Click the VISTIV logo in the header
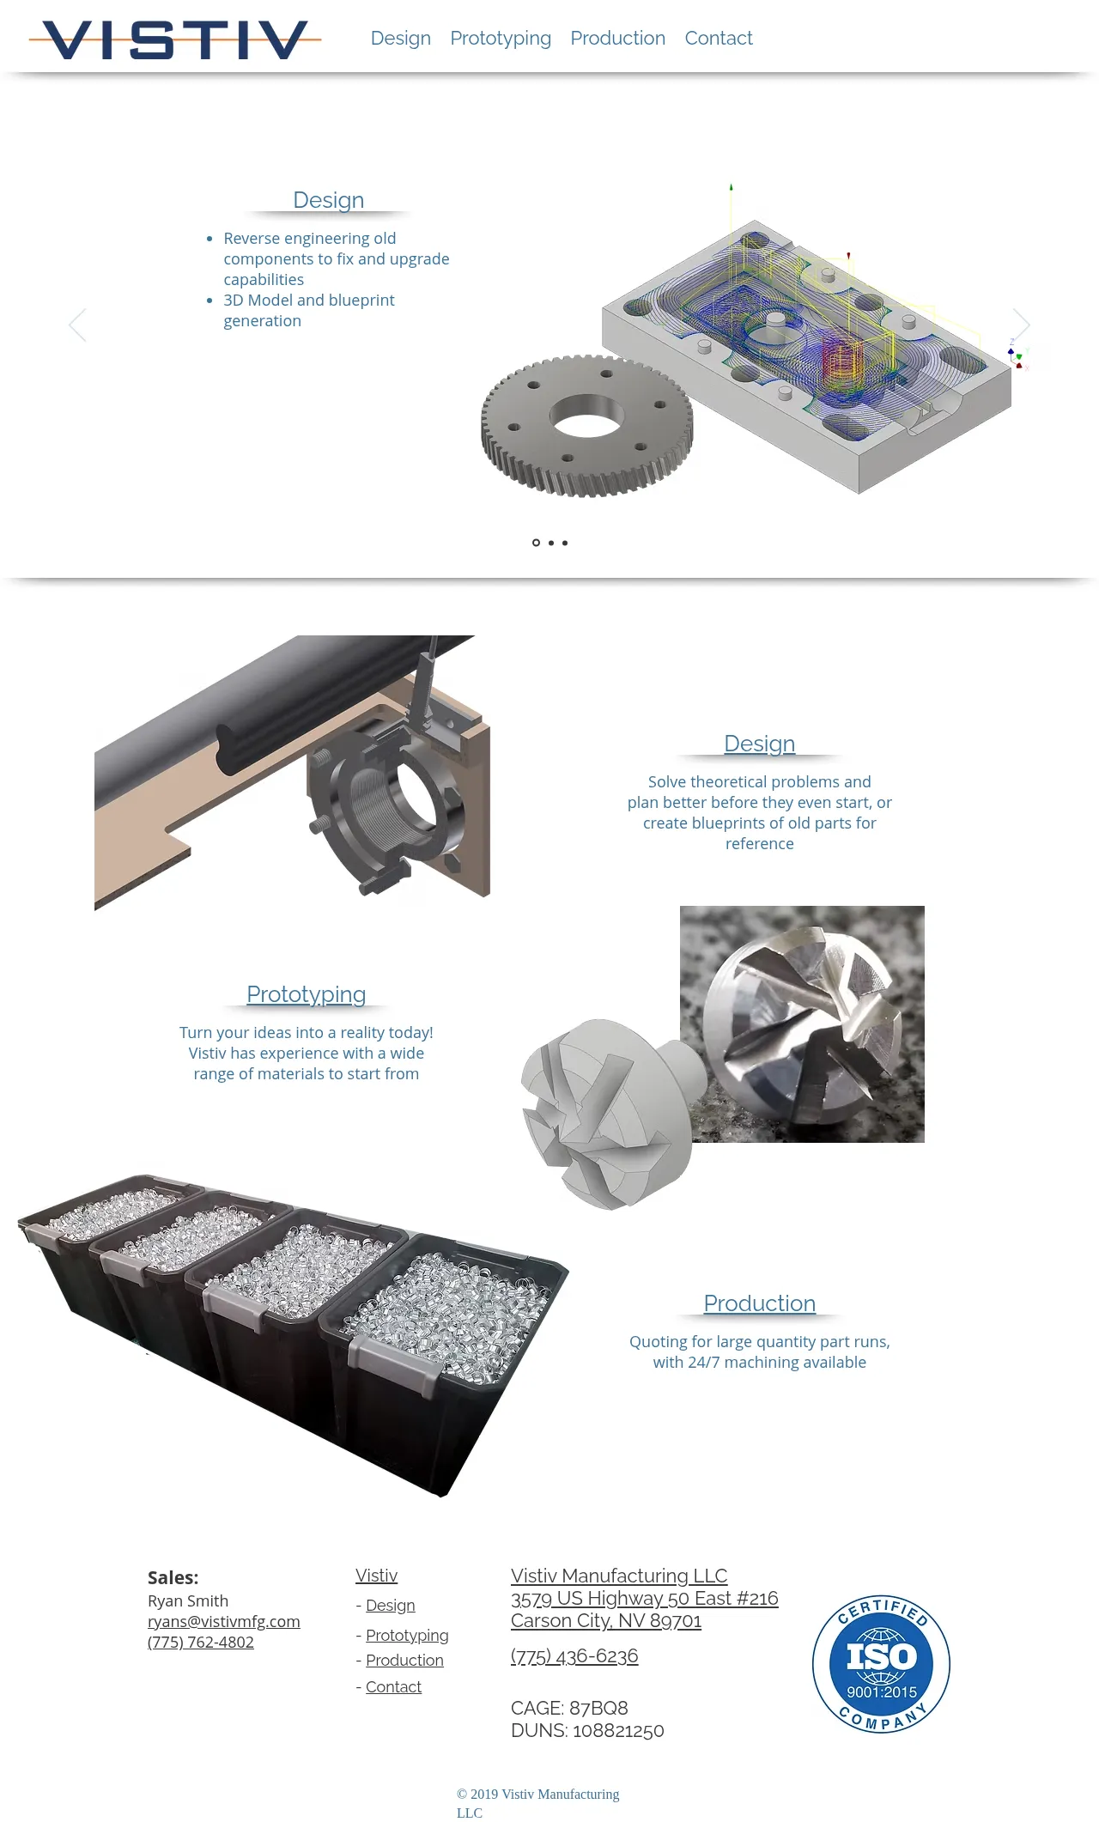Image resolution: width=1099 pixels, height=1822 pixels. point(175,39)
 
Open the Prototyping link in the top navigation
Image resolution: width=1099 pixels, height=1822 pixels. point(501,39)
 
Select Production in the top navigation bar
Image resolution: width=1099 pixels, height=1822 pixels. point(618,38)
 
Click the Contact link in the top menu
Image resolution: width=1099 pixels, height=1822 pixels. point(719,38)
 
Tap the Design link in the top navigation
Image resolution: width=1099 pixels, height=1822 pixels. point(401,39)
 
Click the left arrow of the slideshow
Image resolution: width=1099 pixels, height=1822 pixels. point(77,325)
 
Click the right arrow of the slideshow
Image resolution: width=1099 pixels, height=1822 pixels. point(1021,325)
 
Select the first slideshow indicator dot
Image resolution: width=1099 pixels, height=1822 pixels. point(536,543)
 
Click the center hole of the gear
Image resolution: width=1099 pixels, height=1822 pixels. point(587,416)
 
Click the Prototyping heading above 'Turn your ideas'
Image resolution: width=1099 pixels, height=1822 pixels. point(307,994)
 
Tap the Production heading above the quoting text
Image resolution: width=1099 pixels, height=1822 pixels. point(760,1303)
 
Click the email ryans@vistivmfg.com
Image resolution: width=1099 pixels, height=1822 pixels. point(224,1622)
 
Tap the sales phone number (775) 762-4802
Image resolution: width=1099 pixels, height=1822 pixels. point(201,1643)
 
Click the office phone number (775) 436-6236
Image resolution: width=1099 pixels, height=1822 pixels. point(574,1656)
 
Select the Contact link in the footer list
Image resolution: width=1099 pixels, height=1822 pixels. point(393,1687)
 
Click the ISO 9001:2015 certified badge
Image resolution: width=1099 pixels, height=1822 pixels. point(881,1664)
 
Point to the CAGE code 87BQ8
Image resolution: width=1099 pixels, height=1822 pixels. point(598,1708)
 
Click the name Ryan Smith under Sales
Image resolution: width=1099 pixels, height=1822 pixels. point(188,1601)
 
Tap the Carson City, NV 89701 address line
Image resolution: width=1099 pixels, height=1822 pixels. point(606,1621)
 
